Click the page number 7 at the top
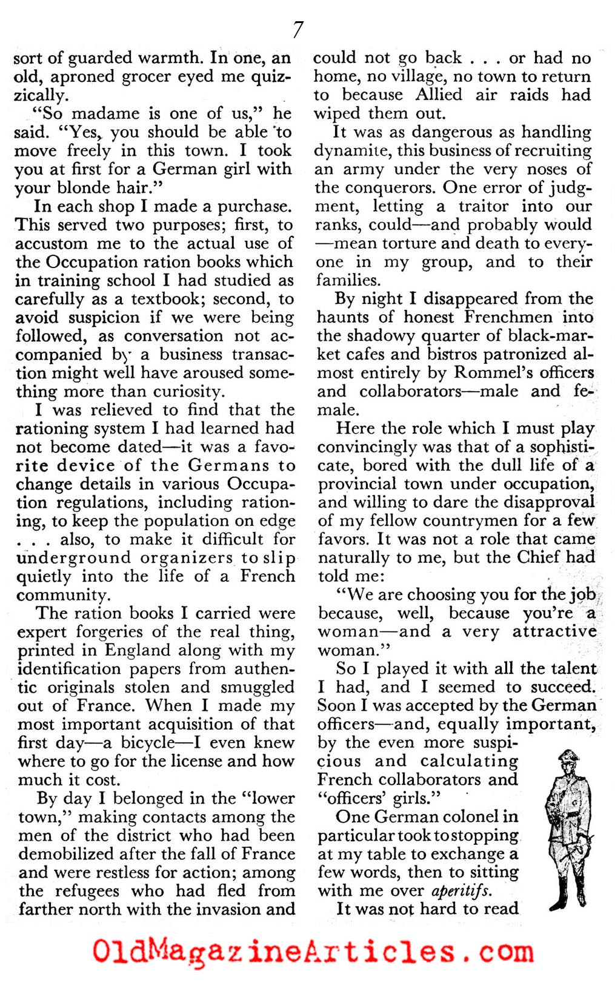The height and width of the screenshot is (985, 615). (x=298, y=29)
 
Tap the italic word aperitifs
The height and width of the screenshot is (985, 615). (x=460, y=891)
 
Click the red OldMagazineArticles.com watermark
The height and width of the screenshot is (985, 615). (x=313, y=951)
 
